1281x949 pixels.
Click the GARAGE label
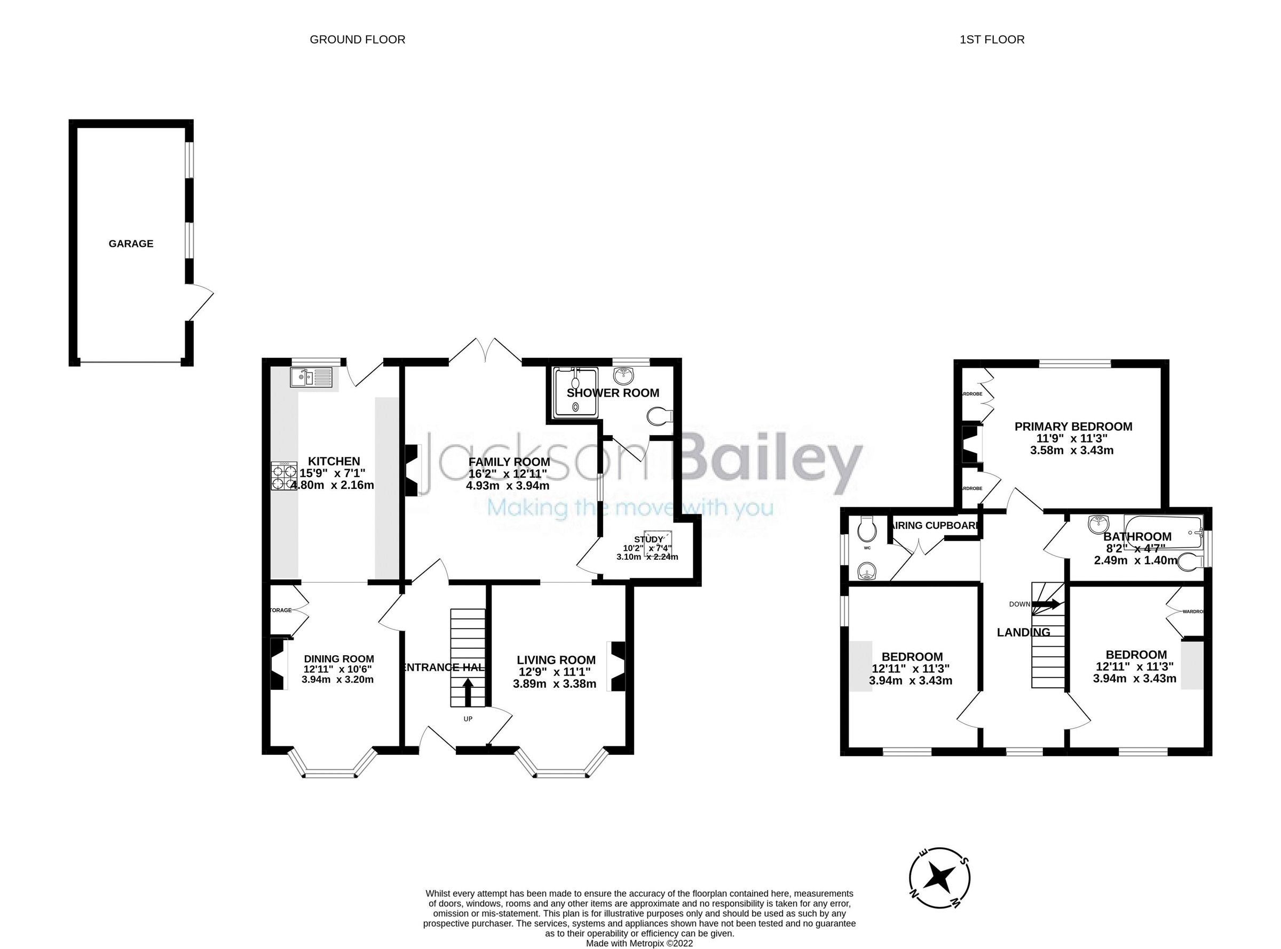[131, 244]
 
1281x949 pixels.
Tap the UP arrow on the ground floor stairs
[468, 692]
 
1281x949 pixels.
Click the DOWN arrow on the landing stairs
[1047, 605]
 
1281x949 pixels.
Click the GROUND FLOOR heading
[357, 39]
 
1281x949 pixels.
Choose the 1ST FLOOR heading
[992, 39]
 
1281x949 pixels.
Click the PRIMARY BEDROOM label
[1073, 426]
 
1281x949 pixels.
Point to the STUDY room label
[648, 539]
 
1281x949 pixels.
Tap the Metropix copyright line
[639, 943]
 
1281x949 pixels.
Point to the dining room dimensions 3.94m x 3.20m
[337, 680]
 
